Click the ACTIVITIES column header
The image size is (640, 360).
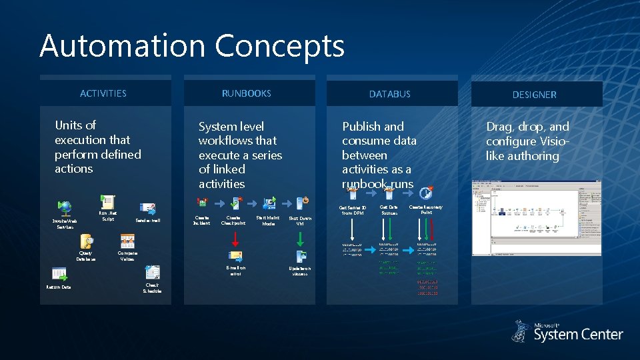[103, 93]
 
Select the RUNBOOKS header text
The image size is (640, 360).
[247, 93]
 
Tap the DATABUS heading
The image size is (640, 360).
[390, 94]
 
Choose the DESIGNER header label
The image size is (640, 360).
[534, 95]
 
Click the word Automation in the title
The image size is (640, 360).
[122, 46]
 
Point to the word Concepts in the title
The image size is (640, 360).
[280, 46]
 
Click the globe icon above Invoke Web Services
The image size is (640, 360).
[65, 207]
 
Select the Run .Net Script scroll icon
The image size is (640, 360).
[107, 203]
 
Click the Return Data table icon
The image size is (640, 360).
[59, 273]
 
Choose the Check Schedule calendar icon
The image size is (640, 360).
[152, 272]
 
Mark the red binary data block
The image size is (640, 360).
[427, 287]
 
